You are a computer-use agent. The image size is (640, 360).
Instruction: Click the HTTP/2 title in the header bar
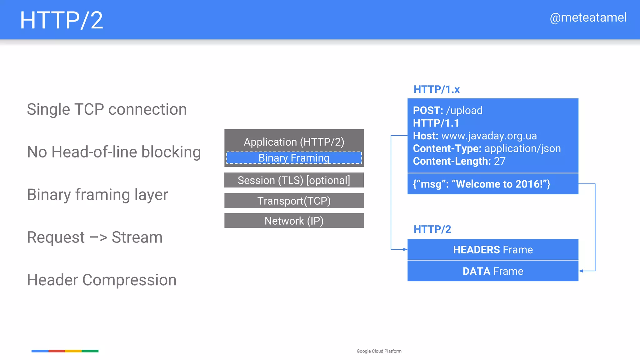coord(61,20)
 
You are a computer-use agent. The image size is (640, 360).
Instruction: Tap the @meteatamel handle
coord(588,17)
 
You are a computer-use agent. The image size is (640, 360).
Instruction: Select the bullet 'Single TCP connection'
coord(107,109)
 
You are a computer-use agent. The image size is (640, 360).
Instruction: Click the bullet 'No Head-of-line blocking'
coord(114,152)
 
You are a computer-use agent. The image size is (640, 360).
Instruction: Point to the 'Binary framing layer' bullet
coord(97,195)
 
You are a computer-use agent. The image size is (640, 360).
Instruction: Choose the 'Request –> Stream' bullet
coord(95,237)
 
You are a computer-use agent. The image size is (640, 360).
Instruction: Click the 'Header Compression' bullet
coord(102,280)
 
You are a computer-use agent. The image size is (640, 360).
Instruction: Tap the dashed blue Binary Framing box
coord(294,158)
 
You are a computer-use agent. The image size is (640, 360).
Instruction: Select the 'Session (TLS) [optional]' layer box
coord(294,180)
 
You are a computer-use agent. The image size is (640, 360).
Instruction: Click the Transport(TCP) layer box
coord(294,201)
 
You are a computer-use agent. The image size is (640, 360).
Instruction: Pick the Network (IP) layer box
coord(294,221)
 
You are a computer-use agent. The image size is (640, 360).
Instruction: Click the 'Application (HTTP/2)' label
coord(294,142)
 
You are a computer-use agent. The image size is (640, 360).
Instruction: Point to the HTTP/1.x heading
coord(437,89)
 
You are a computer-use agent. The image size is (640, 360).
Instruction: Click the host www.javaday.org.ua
coord(489,136)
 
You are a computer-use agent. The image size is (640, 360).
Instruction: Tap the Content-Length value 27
coord(500,161)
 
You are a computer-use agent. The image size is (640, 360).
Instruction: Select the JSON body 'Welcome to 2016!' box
coord(493,184)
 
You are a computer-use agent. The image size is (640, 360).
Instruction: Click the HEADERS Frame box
coord(493,250)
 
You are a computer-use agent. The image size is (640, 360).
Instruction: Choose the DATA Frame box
coord(493,271)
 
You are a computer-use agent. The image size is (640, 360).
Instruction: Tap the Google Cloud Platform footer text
coord(379,351)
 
